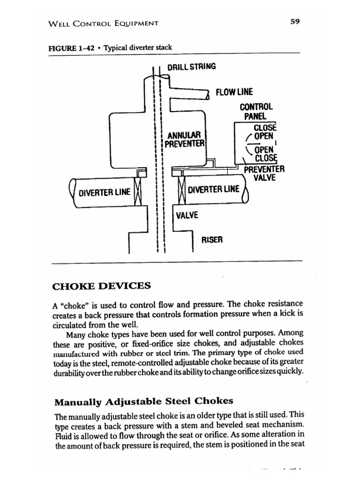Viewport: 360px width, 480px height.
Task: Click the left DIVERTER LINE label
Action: pos(104,192)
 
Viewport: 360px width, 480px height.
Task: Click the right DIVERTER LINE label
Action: pos(213,189)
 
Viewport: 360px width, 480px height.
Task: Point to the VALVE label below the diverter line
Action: pos(187,215)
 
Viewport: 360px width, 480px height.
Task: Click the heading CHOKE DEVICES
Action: pos(103,285)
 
